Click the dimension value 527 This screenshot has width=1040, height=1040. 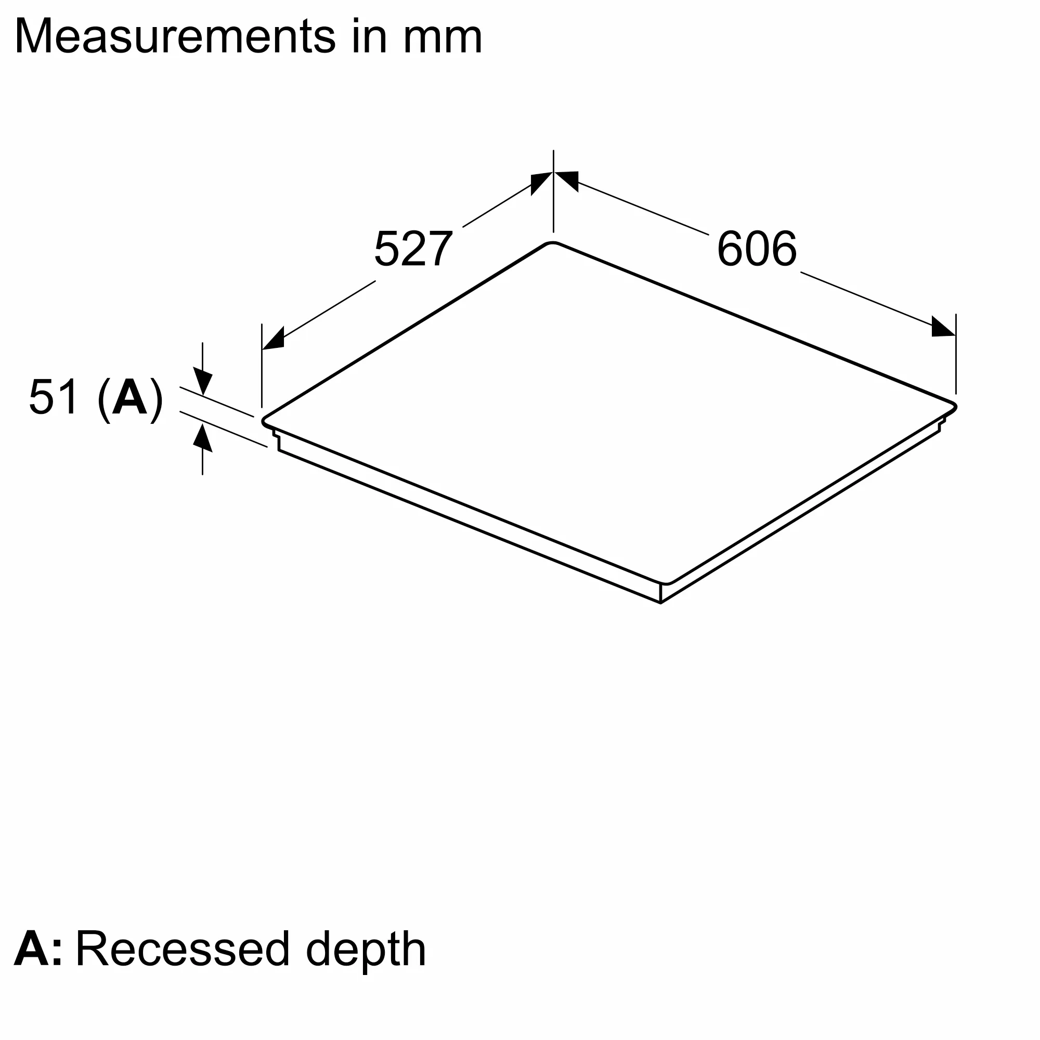pyautogui.click(x=413, y=249)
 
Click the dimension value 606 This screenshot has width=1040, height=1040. pyautogui.click(x=756, y=249)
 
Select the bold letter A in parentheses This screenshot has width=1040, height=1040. pyautogui.click(x=129, y=397)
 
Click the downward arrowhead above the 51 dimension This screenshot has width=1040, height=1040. pyautogui.click(x=202, y=382)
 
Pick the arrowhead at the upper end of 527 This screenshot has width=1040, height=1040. pyautogui.click(x=540, y=183)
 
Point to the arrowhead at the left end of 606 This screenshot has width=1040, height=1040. pyautogui.click(x=567, y=180)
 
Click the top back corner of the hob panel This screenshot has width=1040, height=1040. pyautogui.click(x=553, y=243)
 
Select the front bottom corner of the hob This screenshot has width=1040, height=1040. pyautogui.click(x=660, y=602)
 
